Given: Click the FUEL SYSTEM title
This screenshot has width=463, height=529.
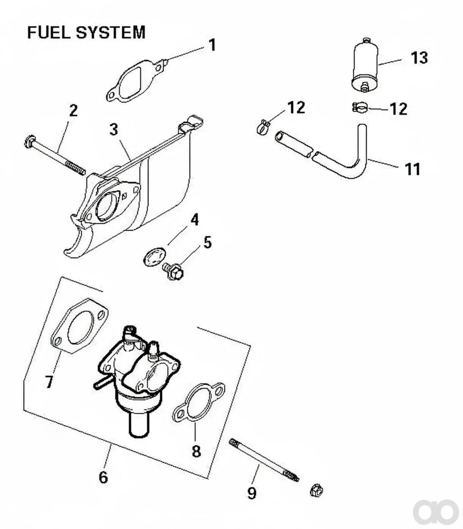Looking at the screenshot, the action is (x=86, y=32).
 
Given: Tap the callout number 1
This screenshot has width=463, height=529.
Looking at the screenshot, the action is (x=212, y=45).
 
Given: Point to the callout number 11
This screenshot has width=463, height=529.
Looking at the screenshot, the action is (x=412, y=169).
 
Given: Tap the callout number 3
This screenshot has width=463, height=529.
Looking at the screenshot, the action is (x=114, y=130).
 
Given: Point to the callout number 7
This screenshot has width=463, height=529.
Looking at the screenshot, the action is (x=49, y=382).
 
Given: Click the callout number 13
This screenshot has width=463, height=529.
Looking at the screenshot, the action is (x=419, y=58).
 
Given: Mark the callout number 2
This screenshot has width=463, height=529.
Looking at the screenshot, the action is (x=73, y=111).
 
